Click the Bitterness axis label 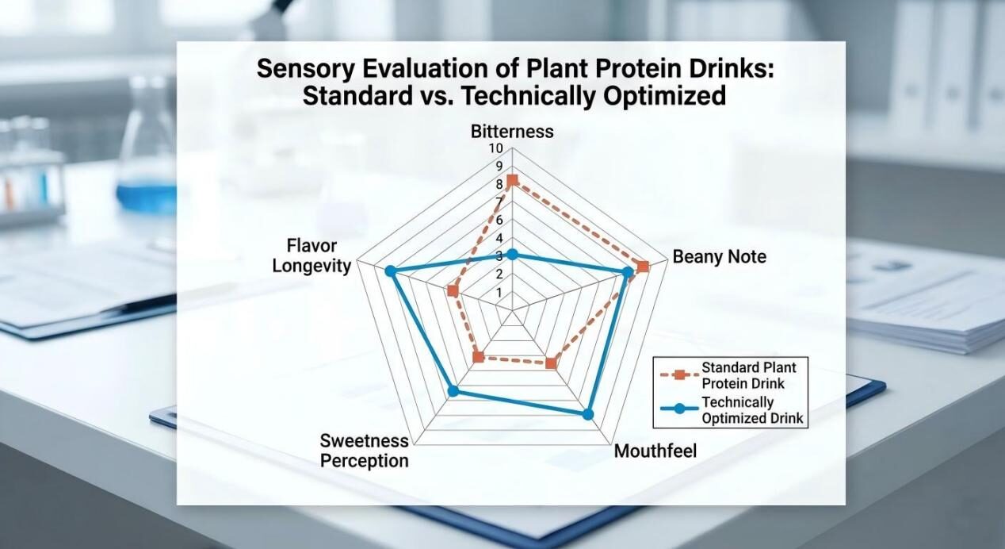pyautogui.click(x=511, y=132)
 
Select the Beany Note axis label pyautogui.click(x=719, y=256)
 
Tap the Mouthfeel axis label pyautogui.click(x=655, y=451)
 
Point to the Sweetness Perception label pyautogui.click(x=365, y=451)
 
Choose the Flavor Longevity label pyautogui.click(x=311, y=255)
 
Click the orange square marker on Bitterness pyautogui.click(x=512, y=181)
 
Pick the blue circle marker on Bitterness pyautogui.click(x=512, y=254)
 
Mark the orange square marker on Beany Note pyautogui.click(x=643, y=267)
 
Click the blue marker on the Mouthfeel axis pyautogui.click(x=587, y=414)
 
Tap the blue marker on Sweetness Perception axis pyautogui.click(x=453, y=390)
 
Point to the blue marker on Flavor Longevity pyautogui.click(x=390, y=271)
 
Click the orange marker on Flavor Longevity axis pyautogui.click(x=453, y=291)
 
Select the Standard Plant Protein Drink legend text pyautogui.click(x=748, y=374)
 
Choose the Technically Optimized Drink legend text pyautogui.click(x=752, y=410)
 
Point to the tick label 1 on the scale pyautogui.click(x=499, y=293)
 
